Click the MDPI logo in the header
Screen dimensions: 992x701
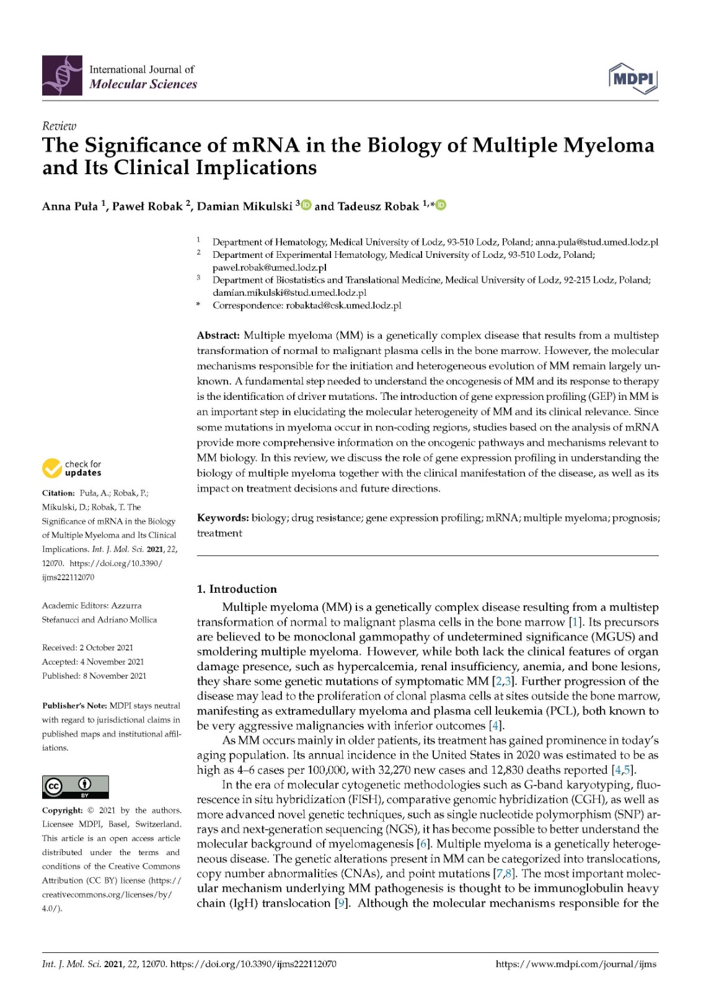[x=632, y=78]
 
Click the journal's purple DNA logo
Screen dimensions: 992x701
[x=62, y=75]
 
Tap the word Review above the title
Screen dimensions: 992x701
[x=59, y=126]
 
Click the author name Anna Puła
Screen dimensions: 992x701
[x=69, y=206]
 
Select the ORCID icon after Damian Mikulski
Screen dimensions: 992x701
[x=306, y=205]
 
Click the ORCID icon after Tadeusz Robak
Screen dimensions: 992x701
[x=441, y=205]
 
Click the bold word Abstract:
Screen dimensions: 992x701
[x=218, y=335]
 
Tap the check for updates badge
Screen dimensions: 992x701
[x=72, y=468]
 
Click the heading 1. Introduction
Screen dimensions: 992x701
[x=237, y=589]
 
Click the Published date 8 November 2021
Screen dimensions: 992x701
[x=112, y=676]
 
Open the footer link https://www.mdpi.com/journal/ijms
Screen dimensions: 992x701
[x=576, y=964]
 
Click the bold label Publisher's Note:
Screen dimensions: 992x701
[x=74, y=706]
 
